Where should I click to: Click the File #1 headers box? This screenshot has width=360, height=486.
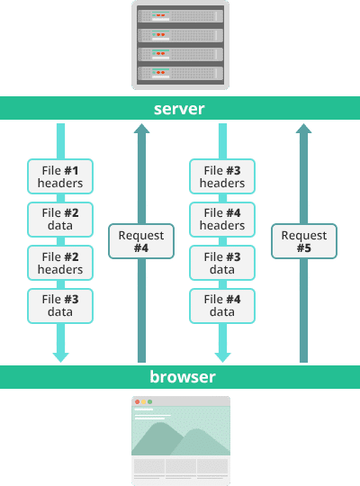[60, 176]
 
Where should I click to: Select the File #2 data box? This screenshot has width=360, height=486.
[60, 219]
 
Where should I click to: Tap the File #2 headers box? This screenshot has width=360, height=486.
[60, 263]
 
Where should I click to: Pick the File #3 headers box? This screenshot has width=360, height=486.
[222, 176]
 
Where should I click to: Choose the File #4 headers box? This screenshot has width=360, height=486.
[222, 219]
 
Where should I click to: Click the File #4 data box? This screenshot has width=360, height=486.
[222, 305]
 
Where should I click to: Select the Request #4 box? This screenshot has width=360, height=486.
[141, 241]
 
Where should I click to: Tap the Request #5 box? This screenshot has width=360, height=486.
[304, 241]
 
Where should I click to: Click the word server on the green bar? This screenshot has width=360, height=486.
[179, 109]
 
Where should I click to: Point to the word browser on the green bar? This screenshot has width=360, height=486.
[183, 376]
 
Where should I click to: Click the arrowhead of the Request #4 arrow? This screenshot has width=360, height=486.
[141, 129]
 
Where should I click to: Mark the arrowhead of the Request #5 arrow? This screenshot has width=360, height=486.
[304, 129]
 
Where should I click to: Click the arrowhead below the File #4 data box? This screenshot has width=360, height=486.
[222, 356]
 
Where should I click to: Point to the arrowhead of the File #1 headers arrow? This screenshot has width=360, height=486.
[60, 356]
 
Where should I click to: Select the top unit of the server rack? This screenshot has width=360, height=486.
[180, 15]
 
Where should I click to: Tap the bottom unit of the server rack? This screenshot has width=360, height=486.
[180, 72]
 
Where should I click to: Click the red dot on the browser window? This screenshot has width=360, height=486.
[137, 401]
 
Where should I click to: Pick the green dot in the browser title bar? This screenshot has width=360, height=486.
[149, 401]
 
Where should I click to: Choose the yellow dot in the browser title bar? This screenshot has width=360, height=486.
[143, 401]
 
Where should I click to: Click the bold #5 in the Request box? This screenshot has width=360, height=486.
[304, 247]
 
